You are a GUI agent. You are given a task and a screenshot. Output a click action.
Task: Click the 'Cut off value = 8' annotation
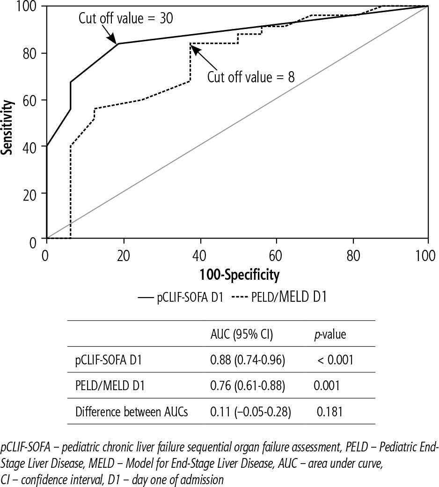point(251,76)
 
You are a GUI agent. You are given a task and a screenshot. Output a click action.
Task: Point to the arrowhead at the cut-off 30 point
point(116,41)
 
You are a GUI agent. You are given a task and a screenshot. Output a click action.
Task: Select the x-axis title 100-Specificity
point(239,275)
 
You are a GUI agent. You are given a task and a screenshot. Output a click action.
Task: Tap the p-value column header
point(329,334)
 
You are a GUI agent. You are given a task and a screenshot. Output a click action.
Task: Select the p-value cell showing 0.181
point(330,412)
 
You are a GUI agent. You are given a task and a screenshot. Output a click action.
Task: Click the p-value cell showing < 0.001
point(332,360)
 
